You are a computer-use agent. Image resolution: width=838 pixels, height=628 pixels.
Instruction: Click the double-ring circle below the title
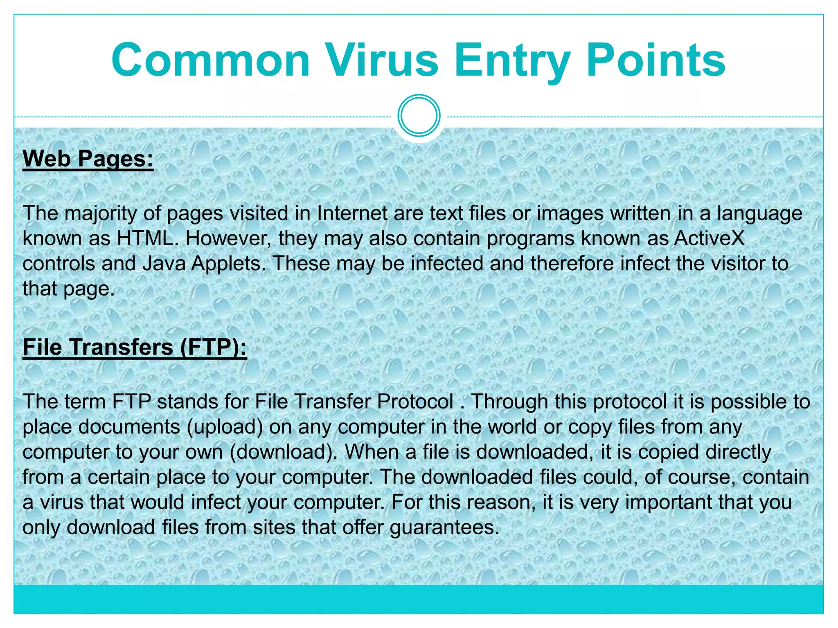click(x=419, y=116)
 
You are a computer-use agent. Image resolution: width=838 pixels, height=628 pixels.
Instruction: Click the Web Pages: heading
click(x=88, y=159)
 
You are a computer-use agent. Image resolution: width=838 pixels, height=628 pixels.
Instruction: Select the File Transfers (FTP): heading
click(x=135, y=347)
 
